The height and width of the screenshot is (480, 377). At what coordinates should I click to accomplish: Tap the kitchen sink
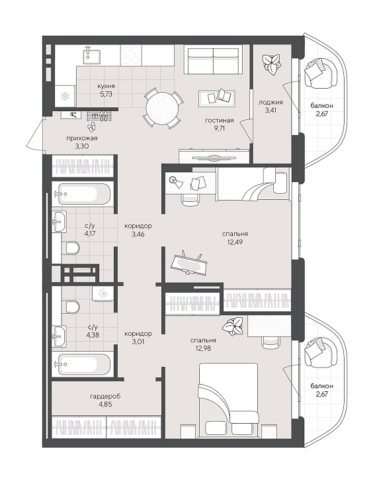click(92, 56)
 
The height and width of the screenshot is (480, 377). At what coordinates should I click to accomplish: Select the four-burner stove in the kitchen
click(131, 56)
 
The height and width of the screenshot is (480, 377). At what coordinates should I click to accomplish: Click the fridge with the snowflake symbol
click(65, 97)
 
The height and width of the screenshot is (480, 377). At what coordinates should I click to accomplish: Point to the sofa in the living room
click(213, 60)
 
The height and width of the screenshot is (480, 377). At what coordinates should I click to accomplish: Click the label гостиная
click(219, 120)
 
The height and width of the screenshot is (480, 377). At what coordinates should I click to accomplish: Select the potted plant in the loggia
click(272, 64)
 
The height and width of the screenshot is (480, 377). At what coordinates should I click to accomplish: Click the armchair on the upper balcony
click(321, 73)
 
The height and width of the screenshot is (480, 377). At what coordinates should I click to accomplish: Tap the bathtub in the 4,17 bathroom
click(81, 194)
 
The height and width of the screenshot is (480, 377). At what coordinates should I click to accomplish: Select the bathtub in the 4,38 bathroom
click(81, 364)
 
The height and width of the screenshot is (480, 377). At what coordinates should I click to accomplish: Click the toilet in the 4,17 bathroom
click(71, 248)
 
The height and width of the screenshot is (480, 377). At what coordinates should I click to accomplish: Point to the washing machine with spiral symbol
click(103, 294)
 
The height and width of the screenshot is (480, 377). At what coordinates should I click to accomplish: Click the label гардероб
click(105, 396)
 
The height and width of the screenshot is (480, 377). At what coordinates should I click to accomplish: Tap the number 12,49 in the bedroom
click(235, 242)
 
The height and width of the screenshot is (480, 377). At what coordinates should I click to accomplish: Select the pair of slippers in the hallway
click(91, 126)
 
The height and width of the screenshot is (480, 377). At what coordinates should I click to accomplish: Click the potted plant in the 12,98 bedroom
click(233, 326)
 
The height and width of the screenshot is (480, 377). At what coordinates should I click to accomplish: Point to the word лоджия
click(271, 102)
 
